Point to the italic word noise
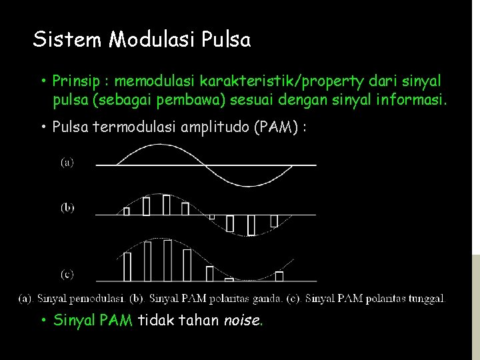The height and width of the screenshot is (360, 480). (x=242, y=321)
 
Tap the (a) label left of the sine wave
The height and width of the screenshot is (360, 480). (x=67, y=162)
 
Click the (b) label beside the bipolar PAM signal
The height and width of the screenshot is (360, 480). (x=67, y=207)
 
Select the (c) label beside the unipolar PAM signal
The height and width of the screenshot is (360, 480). (x=67, y=274)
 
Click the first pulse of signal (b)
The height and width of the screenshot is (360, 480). (x=127, y=211)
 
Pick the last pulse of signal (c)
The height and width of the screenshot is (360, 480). (x=279, y=276)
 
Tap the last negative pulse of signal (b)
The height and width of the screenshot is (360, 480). (x=273, y=221)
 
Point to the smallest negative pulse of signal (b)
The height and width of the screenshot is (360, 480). (x=212, y=217)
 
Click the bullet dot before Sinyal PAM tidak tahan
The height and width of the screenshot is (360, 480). (x=43, y=321)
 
